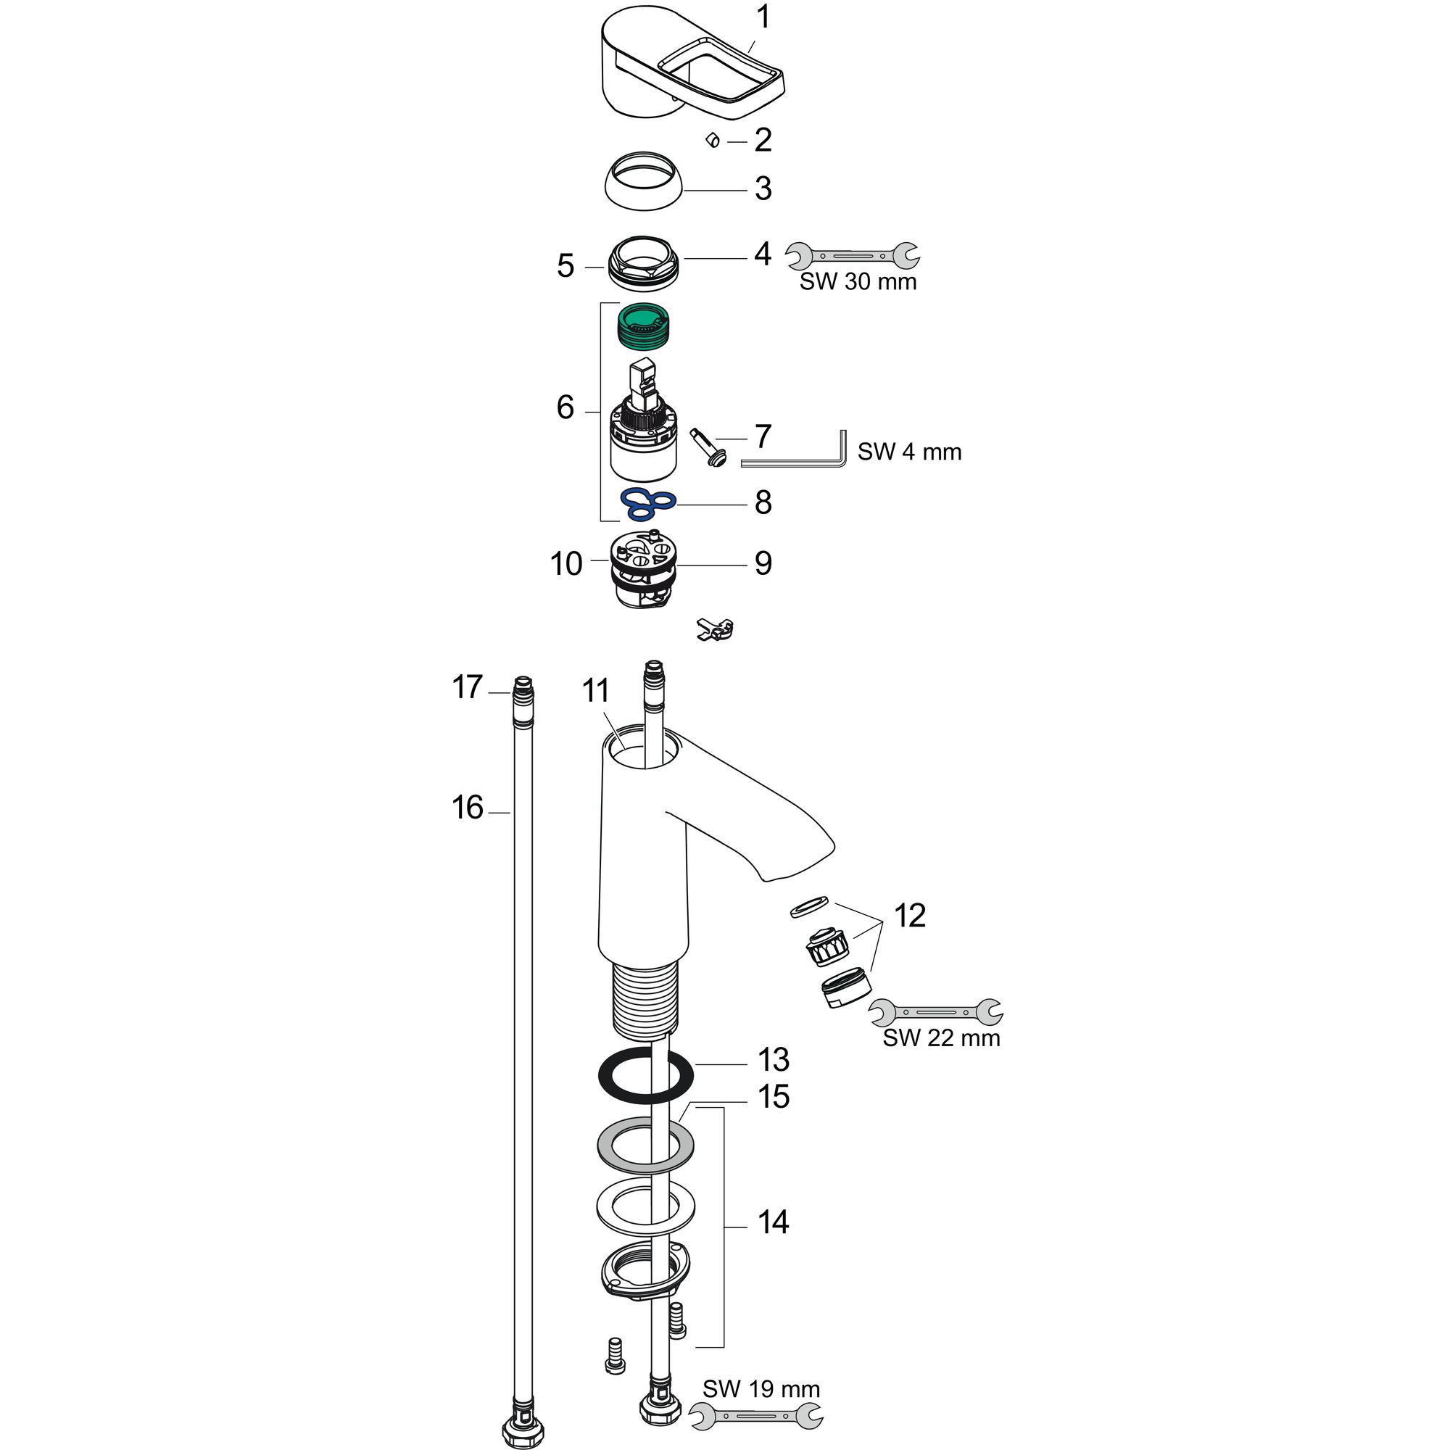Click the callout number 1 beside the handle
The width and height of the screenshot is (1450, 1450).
point(763,18)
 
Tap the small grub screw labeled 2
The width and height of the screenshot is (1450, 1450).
point(713,140)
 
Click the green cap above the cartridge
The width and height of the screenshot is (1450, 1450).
point(644,325)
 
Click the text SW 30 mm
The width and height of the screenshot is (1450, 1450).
point(858,281)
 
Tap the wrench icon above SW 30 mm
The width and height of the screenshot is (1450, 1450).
point(853,256)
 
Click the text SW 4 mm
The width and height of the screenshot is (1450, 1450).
point(909,452)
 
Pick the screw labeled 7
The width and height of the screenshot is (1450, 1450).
point(707,448)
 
